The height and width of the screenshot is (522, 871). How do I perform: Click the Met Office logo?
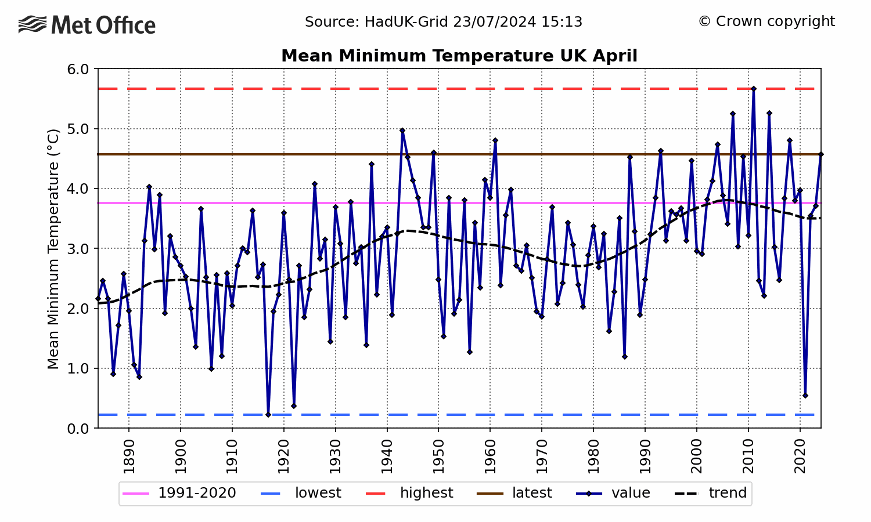tap(87, 25)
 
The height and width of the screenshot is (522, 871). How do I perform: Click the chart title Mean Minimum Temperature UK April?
tap(459, 56)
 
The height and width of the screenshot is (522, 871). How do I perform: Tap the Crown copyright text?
tap(766, 21)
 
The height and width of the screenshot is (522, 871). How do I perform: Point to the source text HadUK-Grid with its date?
tap(444, 22)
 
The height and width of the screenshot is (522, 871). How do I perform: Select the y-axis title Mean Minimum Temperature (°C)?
tap(53, 249)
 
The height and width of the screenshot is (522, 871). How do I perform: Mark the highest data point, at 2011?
tap(753, 89)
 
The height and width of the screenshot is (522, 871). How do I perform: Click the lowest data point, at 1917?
tap(268, 415)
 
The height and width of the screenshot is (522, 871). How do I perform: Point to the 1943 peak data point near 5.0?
tap(402, 130)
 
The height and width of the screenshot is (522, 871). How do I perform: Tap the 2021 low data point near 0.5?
tap(805, 396)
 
